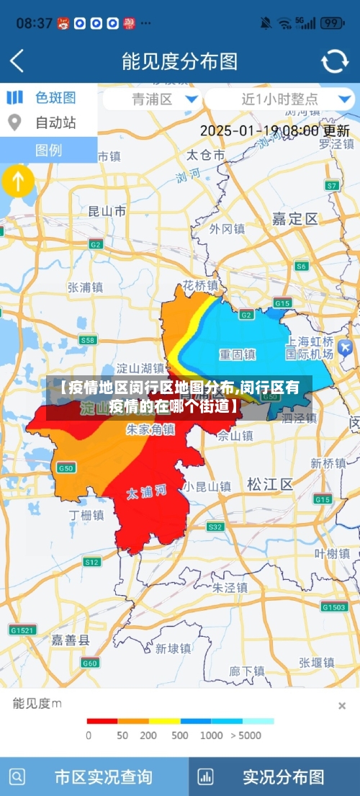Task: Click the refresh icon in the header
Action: pyautogui.click(x=334, y=61)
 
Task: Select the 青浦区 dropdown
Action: pyautogui.click(x=151, y=99)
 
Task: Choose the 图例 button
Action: pyautogui.click(x=49, y=150)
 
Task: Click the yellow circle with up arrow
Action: pyautogui.click(x=18, y=182)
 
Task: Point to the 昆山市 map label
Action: pyautogui.click(x=107, y=211)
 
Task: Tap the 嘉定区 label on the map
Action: pyautogui.click(x=295, y=219)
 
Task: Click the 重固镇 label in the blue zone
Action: pyautogui.click(x=238, y=354)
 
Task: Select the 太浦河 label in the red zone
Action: pyautogui.click(x=147, y=493)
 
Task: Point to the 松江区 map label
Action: pyautogui.click(x=270, y=484)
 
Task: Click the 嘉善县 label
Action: pyautogui.click(x=71, y=640)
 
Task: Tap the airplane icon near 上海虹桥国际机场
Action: pyautogui.click(x=344, y=347)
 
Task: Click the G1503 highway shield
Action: pyautogui.click(x=334, y=607)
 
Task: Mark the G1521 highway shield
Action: pyautogui.click(x=22, y=630)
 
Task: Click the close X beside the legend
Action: pyautogui.click(x=342, y=705)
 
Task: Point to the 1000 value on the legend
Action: pyautogui.click(x=211, y=735)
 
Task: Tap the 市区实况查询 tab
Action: pyautogui.click(x=94, y=777)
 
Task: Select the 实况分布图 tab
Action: pyautogui.click(x=274, y=777)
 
